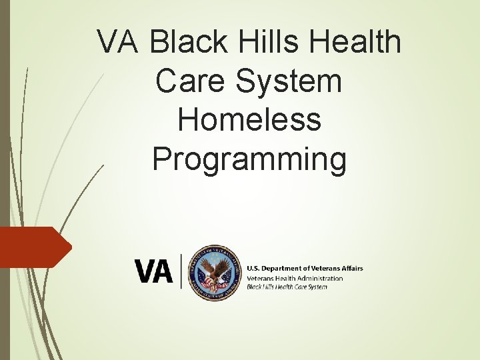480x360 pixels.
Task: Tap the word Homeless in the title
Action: point(249,120)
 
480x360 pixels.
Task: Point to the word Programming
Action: point(249,159)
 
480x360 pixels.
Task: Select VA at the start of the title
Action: point(119,43)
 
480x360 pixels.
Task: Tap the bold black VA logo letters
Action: point(154,271)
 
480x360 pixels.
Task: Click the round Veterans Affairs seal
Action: point(213,272)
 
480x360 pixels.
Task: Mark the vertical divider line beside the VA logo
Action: point(181,271)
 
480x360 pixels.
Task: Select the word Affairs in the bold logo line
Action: point(351,268)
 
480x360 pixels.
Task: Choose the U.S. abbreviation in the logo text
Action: point(254,268)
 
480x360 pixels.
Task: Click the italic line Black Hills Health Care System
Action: point(287,287)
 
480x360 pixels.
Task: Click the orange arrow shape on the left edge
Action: point(33,247)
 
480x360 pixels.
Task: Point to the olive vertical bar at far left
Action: point(4,180)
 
